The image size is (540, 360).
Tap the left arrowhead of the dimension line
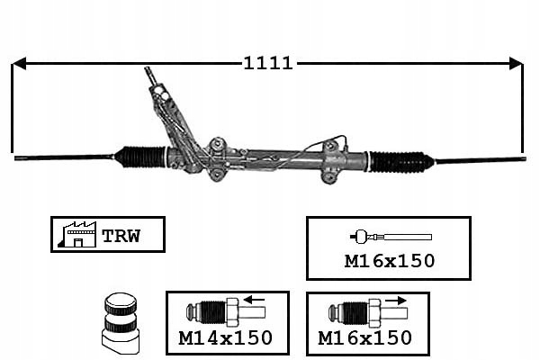click(x=19, y=63)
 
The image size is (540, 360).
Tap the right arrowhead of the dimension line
click(x=516, y=63)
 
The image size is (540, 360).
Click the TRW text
click(x=121, y=236)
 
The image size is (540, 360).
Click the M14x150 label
click(x=227, y=338)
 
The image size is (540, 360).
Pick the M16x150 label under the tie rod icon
click(x=391, y=262)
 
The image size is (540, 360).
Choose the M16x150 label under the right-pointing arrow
click(x=365, y=338)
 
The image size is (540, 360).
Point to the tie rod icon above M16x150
click(x=391, y=238)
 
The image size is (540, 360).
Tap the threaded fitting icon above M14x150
click(x=224, y=313)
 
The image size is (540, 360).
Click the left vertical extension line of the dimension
click(x=13, y=108)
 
